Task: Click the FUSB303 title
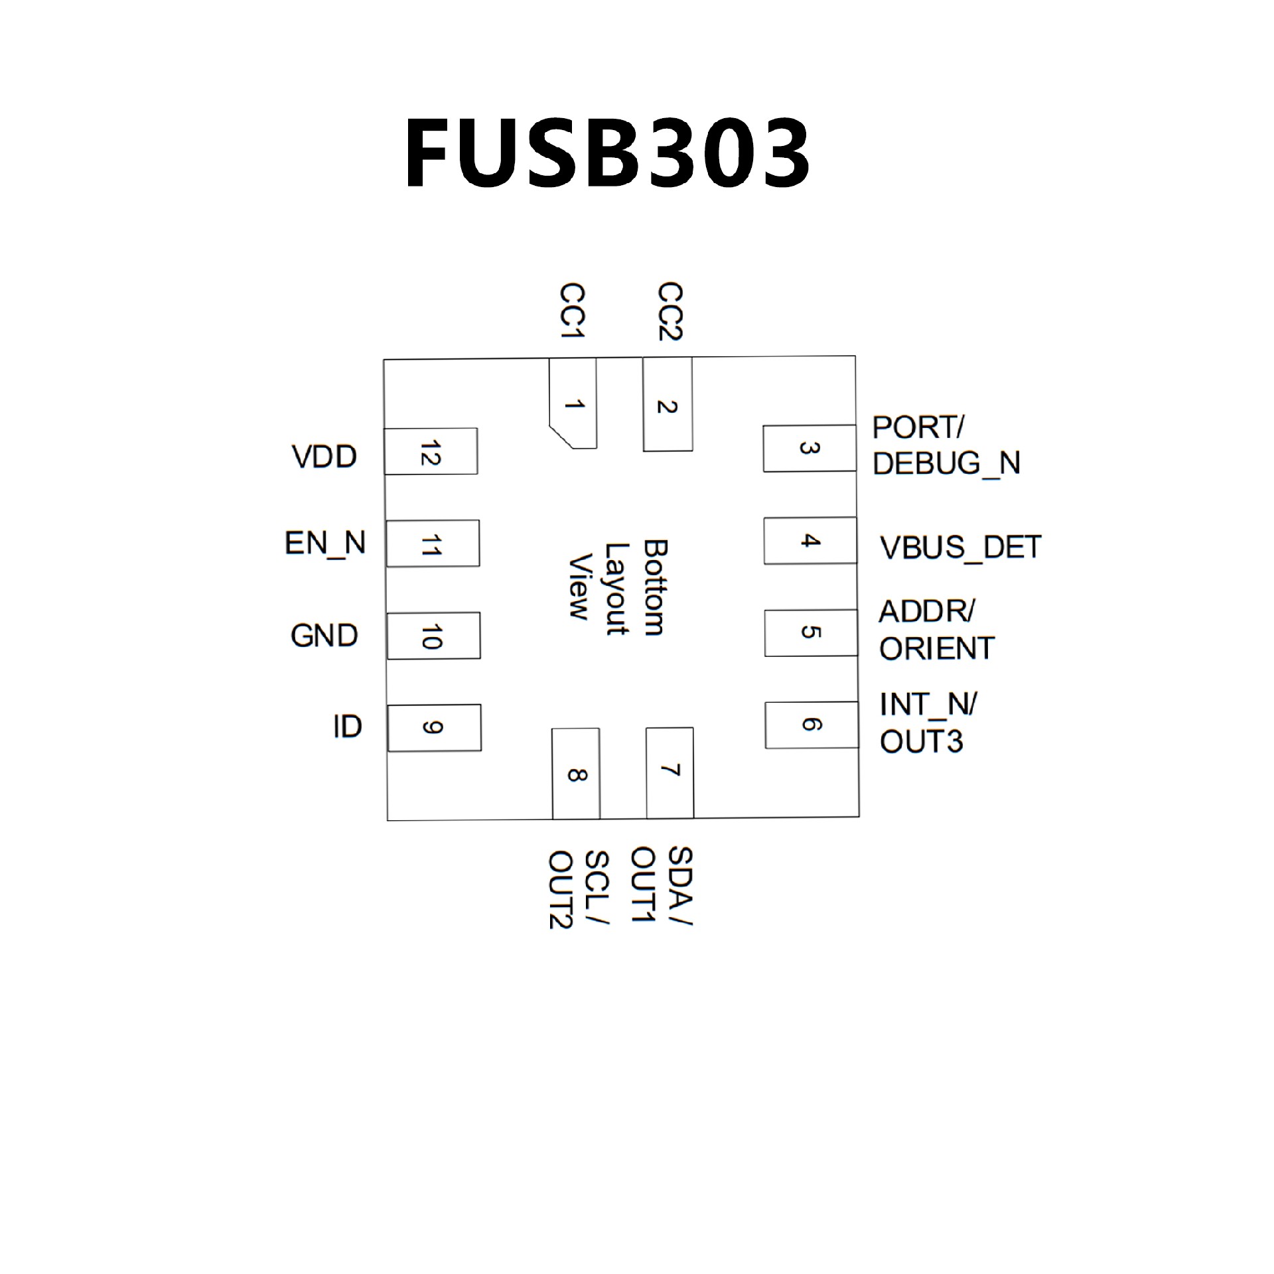(607, 154)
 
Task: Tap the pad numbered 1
(573, 403)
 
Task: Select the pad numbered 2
(667, 405)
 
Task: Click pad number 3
(809, 449)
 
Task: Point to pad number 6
(811, 725)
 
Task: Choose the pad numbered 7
(670, 772)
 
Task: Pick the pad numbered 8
(576, 774)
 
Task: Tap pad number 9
(434, 728)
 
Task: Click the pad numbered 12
(431, 451)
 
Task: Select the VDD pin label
(324, 457)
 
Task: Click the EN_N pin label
(325, 543)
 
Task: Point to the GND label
(324, 636)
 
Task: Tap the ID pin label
(347, 727)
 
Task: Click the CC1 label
(572, 311)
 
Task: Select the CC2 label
(670, 311)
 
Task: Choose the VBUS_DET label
(960, 547)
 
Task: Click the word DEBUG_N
(946, 463)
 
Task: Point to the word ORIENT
(936, 649)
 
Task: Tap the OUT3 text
(921, 742)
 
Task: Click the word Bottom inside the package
(654, 588)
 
